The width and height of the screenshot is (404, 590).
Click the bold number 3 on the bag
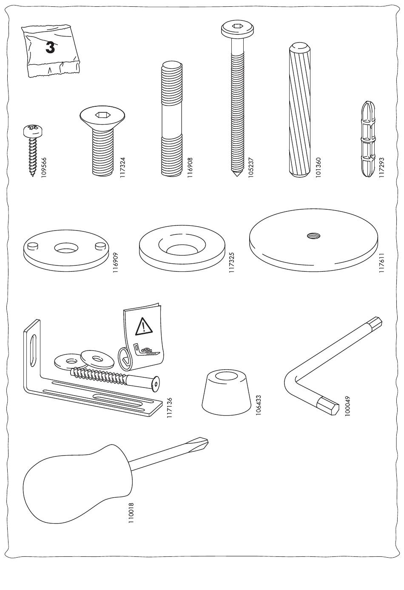pos(50,47)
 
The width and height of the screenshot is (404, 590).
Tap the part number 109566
pos(44,168)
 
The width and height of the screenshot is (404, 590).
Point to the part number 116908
pos(191,168)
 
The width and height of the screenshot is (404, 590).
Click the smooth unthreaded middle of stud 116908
pos(171,122)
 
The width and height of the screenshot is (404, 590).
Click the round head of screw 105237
pos(238,29)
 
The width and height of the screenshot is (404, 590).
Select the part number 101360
pos(318,168)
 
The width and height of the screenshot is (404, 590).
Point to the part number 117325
pos(232,262)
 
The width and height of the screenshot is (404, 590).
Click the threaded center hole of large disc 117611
pos(313,236)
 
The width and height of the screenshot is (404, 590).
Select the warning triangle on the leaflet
pos(144,327)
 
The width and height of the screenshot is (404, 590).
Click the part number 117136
pos(170,408)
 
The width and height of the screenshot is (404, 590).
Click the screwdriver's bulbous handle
pos(77,484)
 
